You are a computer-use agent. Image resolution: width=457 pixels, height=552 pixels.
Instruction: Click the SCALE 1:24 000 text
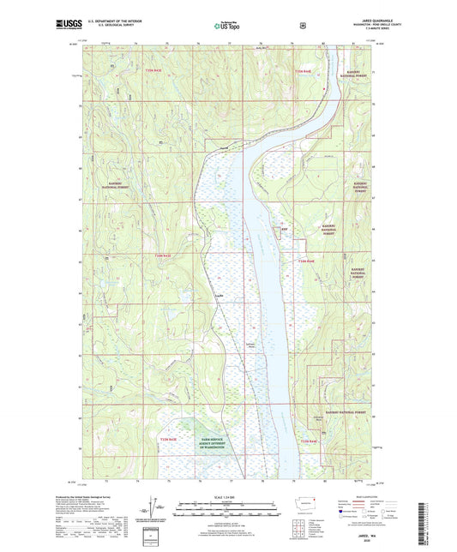tap(228, 498)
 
